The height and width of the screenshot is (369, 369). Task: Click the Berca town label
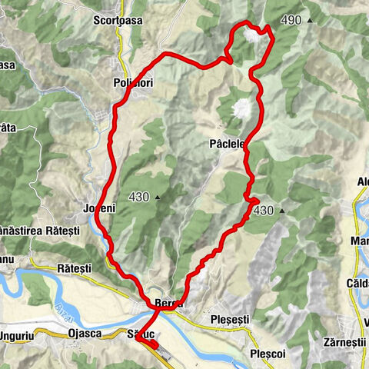click(168, 303)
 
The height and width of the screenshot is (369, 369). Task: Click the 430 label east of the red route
click(263, 210)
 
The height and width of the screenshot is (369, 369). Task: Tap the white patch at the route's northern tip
click(251, 36)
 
